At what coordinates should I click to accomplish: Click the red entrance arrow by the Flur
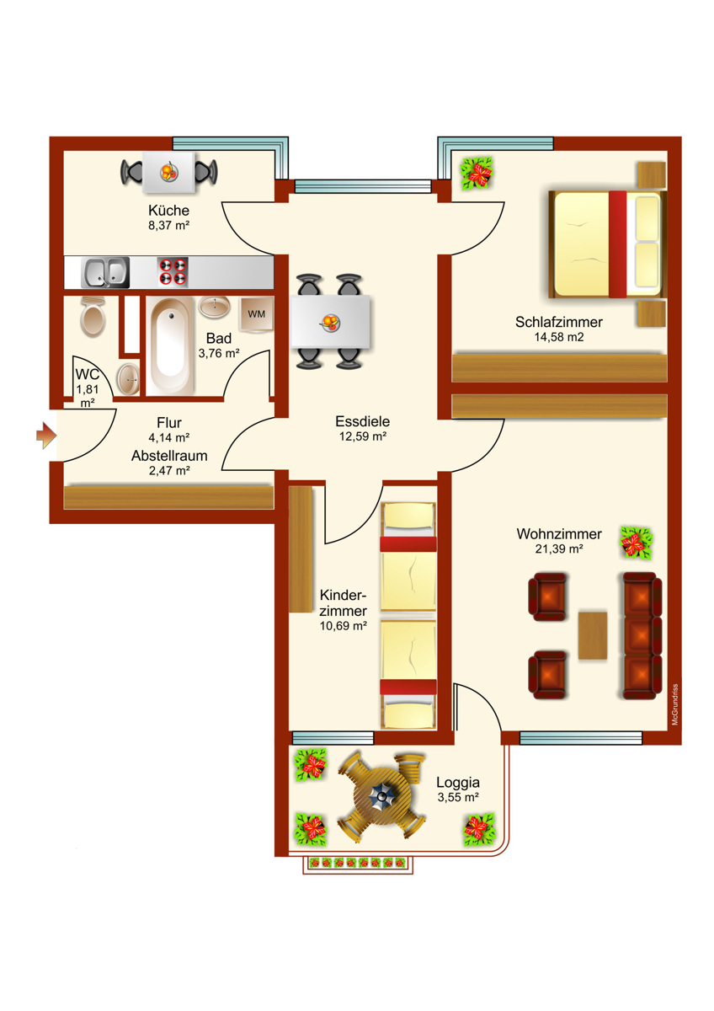[45, 435]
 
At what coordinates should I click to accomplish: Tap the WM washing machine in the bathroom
[256, 314]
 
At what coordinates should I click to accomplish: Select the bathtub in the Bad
[171, 345]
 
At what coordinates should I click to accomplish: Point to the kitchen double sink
[104, 271]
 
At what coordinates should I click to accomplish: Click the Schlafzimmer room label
[559, 322]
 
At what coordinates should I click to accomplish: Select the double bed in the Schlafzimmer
[606, 244]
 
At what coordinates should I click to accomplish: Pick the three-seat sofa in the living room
[640, 635]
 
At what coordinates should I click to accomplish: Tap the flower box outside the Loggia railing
[358, 863]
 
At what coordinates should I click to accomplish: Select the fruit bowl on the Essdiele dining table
[330, 322]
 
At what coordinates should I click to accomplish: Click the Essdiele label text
[362, 421]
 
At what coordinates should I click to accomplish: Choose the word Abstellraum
[169, 455]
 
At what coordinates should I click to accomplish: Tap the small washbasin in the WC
[128, 378]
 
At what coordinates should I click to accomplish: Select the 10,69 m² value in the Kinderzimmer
[343, 626]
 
